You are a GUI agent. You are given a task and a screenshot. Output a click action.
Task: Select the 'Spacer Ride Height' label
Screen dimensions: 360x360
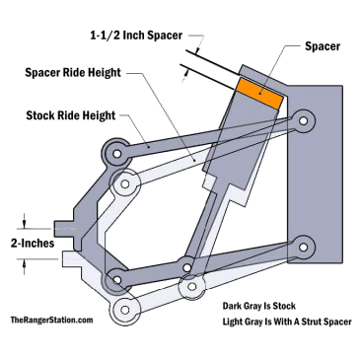(85, 73)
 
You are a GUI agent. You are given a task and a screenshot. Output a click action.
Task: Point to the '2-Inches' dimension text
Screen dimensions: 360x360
(32, 242)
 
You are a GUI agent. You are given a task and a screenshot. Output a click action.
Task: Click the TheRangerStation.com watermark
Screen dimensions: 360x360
(51, 321)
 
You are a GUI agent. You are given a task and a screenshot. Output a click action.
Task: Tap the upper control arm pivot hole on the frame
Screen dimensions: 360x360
(306, 121)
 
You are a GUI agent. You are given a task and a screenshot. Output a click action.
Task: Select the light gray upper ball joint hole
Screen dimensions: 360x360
(125, 183)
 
